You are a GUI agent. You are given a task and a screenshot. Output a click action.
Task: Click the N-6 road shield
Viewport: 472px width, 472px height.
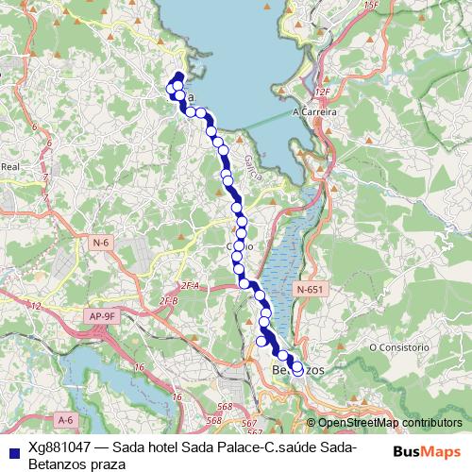[101, 244]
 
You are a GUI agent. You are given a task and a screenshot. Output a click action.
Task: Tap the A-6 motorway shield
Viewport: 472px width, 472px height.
[64, 418]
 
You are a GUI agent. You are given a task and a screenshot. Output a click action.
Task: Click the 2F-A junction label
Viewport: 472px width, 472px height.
[192, 285]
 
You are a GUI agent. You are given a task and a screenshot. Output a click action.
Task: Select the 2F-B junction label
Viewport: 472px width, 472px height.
[169, 301]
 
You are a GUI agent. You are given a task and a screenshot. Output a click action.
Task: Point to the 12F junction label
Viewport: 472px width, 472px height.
[326, 92]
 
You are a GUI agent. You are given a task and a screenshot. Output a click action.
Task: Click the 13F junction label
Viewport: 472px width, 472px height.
[369, 7]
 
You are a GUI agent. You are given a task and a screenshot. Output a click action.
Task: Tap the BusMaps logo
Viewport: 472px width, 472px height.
[427, 451]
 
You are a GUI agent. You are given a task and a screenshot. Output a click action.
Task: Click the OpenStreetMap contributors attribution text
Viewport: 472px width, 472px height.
[391, 423]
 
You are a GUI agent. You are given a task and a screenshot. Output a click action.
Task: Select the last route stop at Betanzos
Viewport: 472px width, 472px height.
[297, 370]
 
